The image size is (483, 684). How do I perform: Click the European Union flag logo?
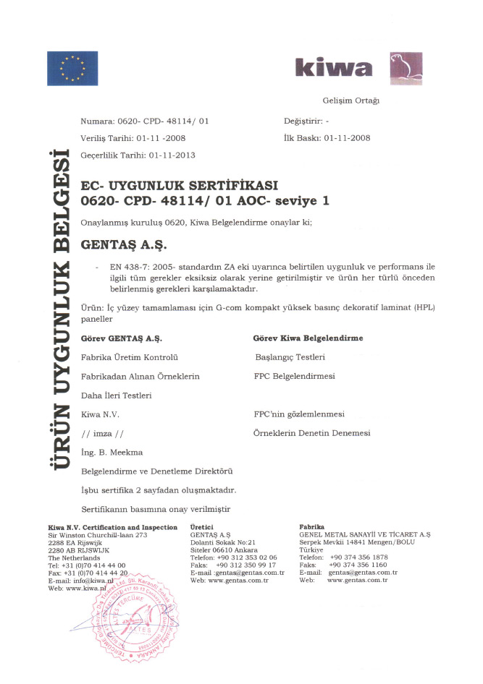pyautogui.click(x=73, y=69)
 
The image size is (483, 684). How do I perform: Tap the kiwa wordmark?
pyautogui.click(x=334, y=69)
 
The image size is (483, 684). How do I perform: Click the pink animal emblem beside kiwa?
pyautogui.click(x=406, y=68)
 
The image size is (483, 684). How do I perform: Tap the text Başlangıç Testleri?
pyautogui.click(x=290, y=357)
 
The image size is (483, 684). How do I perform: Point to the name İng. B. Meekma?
pyautogui.click(x=112, y=452)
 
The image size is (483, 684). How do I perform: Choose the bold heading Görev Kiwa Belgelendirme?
pyautogui.click(x=308, y=338)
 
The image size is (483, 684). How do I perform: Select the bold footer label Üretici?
pyautogui.click(x=201, y=527)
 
